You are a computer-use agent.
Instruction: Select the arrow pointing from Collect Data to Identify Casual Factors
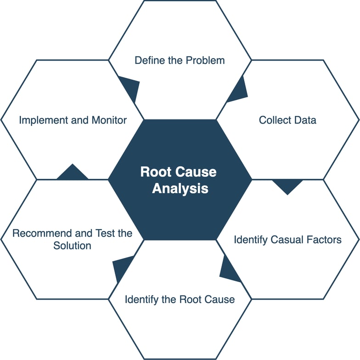coord(287,185)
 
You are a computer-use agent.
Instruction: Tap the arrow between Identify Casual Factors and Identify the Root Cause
coord(228,271)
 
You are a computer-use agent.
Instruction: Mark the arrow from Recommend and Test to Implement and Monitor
coord(72,173)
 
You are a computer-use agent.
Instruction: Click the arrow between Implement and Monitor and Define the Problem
coord(130,88)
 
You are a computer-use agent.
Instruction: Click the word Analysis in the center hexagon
coord(180,189)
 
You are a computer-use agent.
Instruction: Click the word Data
coord(305,120)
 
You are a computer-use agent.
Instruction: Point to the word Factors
coord(324,240)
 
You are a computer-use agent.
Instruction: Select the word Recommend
coord(42,233)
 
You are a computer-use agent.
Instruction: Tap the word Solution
coord(72,246)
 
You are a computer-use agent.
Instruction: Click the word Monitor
coord(108,120)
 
